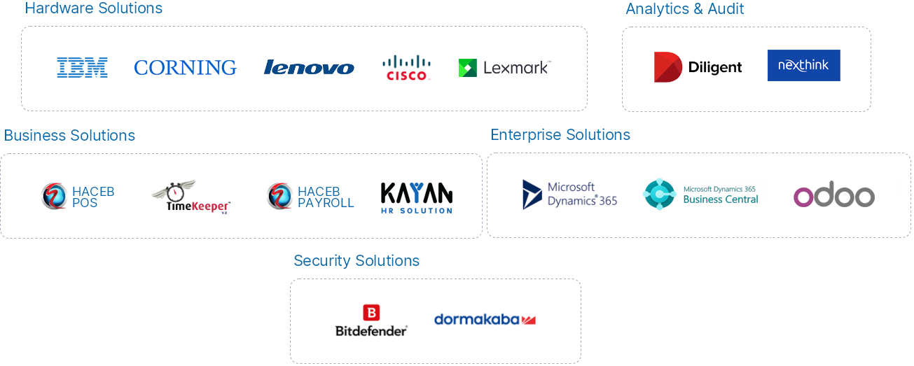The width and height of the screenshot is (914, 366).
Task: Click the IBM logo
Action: point(82,67)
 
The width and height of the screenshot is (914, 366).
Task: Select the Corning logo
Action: point(185,67)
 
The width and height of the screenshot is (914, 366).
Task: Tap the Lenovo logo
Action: point(309,67)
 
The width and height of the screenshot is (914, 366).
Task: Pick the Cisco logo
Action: point(406,67)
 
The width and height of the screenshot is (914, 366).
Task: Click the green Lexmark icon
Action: point(467,68)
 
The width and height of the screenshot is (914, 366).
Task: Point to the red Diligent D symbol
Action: point(667,67)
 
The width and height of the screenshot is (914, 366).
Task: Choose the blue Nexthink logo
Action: point(803,65)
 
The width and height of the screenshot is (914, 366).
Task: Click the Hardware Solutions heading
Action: point(93,9)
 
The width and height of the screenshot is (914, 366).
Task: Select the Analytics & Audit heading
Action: point(684,9)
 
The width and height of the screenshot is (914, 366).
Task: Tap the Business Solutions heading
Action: point(69,135)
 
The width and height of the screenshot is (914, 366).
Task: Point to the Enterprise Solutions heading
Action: point(560,134)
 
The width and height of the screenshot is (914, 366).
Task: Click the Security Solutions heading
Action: point(356,261)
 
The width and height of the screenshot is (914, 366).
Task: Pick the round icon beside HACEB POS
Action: point(54,196)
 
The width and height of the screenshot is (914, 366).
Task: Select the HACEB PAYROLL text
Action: point(326,197)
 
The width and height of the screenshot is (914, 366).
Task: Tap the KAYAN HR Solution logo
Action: point(417,197)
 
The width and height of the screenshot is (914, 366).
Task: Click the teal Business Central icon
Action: point(658,194)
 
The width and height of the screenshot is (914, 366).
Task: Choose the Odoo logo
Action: point(833,197)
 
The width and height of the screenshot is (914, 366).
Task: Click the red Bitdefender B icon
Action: point(371,313)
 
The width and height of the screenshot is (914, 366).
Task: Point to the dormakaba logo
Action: point(485,319)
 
